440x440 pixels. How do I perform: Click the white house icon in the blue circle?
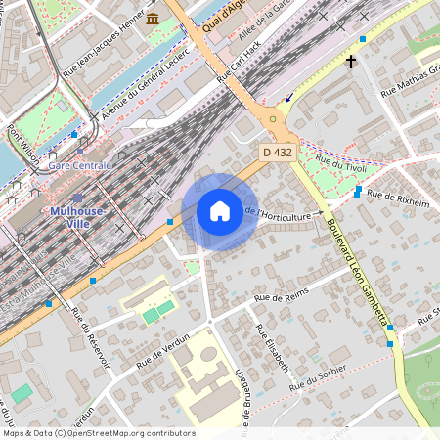click(220, 211)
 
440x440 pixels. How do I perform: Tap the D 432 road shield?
click(279, 154)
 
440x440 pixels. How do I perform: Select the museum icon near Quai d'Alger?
click(154, 19)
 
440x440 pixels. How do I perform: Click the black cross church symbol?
click(351, 62)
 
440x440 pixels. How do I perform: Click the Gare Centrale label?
click(80, 166)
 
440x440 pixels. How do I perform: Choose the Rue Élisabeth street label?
click(273, 348)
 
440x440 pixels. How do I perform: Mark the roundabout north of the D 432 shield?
click(273, 120)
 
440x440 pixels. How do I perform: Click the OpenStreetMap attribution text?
click(99, 432)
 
